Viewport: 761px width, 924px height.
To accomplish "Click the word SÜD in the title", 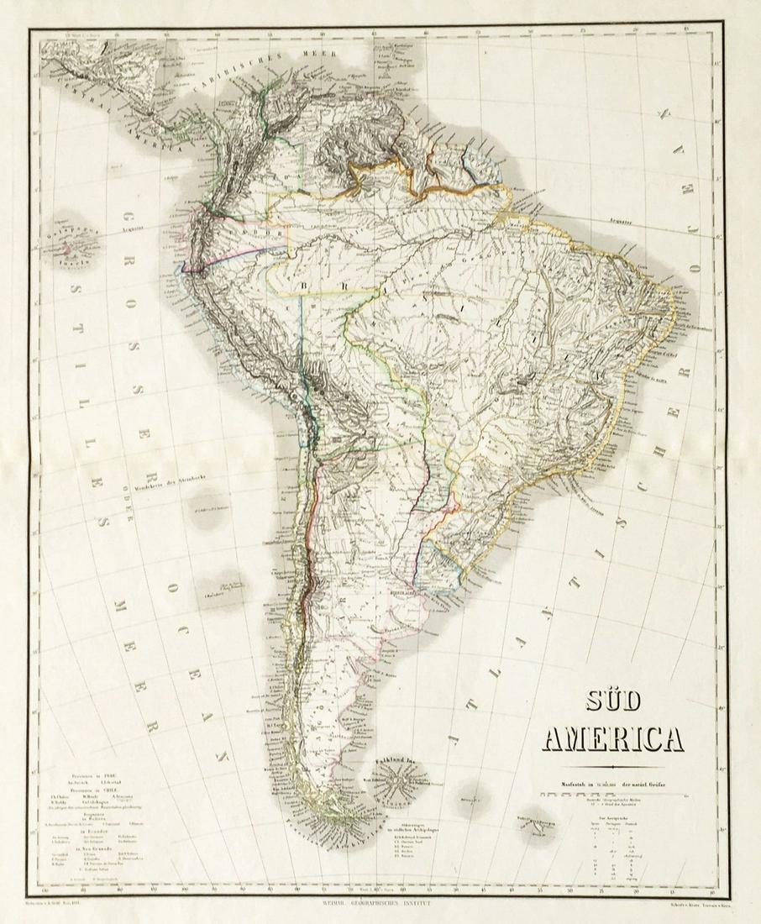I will coord(611,703).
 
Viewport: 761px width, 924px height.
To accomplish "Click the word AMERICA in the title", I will coord(612,740).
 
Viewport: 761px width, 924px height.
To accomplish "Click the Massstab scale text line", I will coord(612,783).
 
